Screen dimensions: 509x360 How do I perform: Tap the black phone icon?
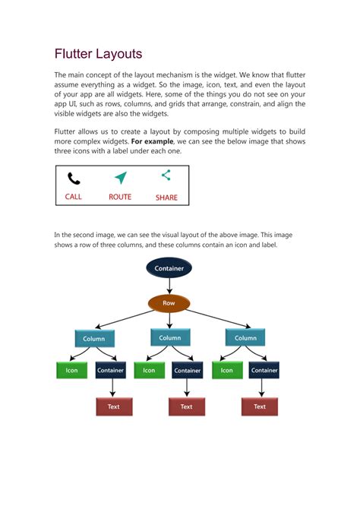click(x=74, y=179)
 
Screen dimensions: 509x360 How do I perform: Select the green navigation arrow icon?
click(x=120, y=178)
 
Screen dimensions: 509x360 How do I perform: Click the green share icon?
click(x=166, y=175)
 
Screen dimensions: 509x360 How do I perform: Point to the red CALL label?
click(x=74, y=197)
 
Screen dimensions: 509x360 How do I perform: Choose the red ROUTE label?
click(x=120, y=197)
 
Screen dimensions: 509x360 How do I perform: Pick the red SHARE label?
click(x=166, y=198)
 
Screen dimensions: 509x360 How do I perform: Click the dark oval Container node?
click(x=169, y=268)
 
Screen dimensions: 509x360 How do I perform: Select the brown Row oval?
click(x=169, y=303)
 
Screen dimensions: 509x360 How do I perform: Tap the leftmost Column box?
click(x=95, y=339)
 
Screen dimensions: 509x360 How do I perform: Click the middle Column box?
click(x=170, y=338)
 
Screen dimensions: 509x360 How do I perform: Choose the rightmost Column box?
click(x=245, y=338)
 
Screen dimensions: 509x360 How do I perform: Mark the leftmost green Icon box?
click(x=71, y=371)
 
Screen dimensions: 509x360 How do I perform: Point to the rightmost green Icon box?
click(x=226, y=371)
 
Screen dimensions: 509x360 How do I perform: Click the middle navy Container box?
click(x=187, y=371)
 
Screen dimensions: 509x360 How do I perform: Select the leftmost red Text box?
click(x=113, y=406)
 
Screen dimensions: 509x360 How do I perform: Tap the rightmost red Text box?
click(x=260, y=406)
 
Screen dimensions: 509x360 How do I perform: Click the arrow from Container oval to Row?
click(x=169, y=286)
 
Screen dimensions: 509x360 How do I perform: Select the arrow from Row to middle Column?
click(x=169, y=321)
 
